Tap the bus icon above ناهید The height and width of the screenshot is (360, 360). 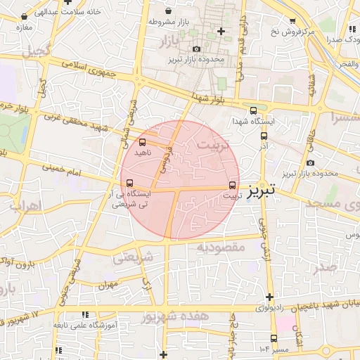pyautogui.click(x=143, y=142)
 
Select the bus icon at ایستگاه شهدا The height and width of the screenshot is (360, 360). pyautogui.click(x=254, y=110)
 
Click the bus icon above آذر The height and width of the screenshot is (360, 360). pyautogui.click(x=264, y=136)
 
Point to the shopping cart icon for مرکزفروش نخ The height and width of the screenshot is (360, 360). pyautogui.click(x=292, y=22)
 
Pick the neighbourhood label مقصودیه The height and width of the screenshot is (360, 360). pyautogui.click(x=219, y=247)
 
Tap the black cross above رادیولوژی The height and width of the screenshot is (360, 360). pyautogui.click(x=269, y=296)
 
